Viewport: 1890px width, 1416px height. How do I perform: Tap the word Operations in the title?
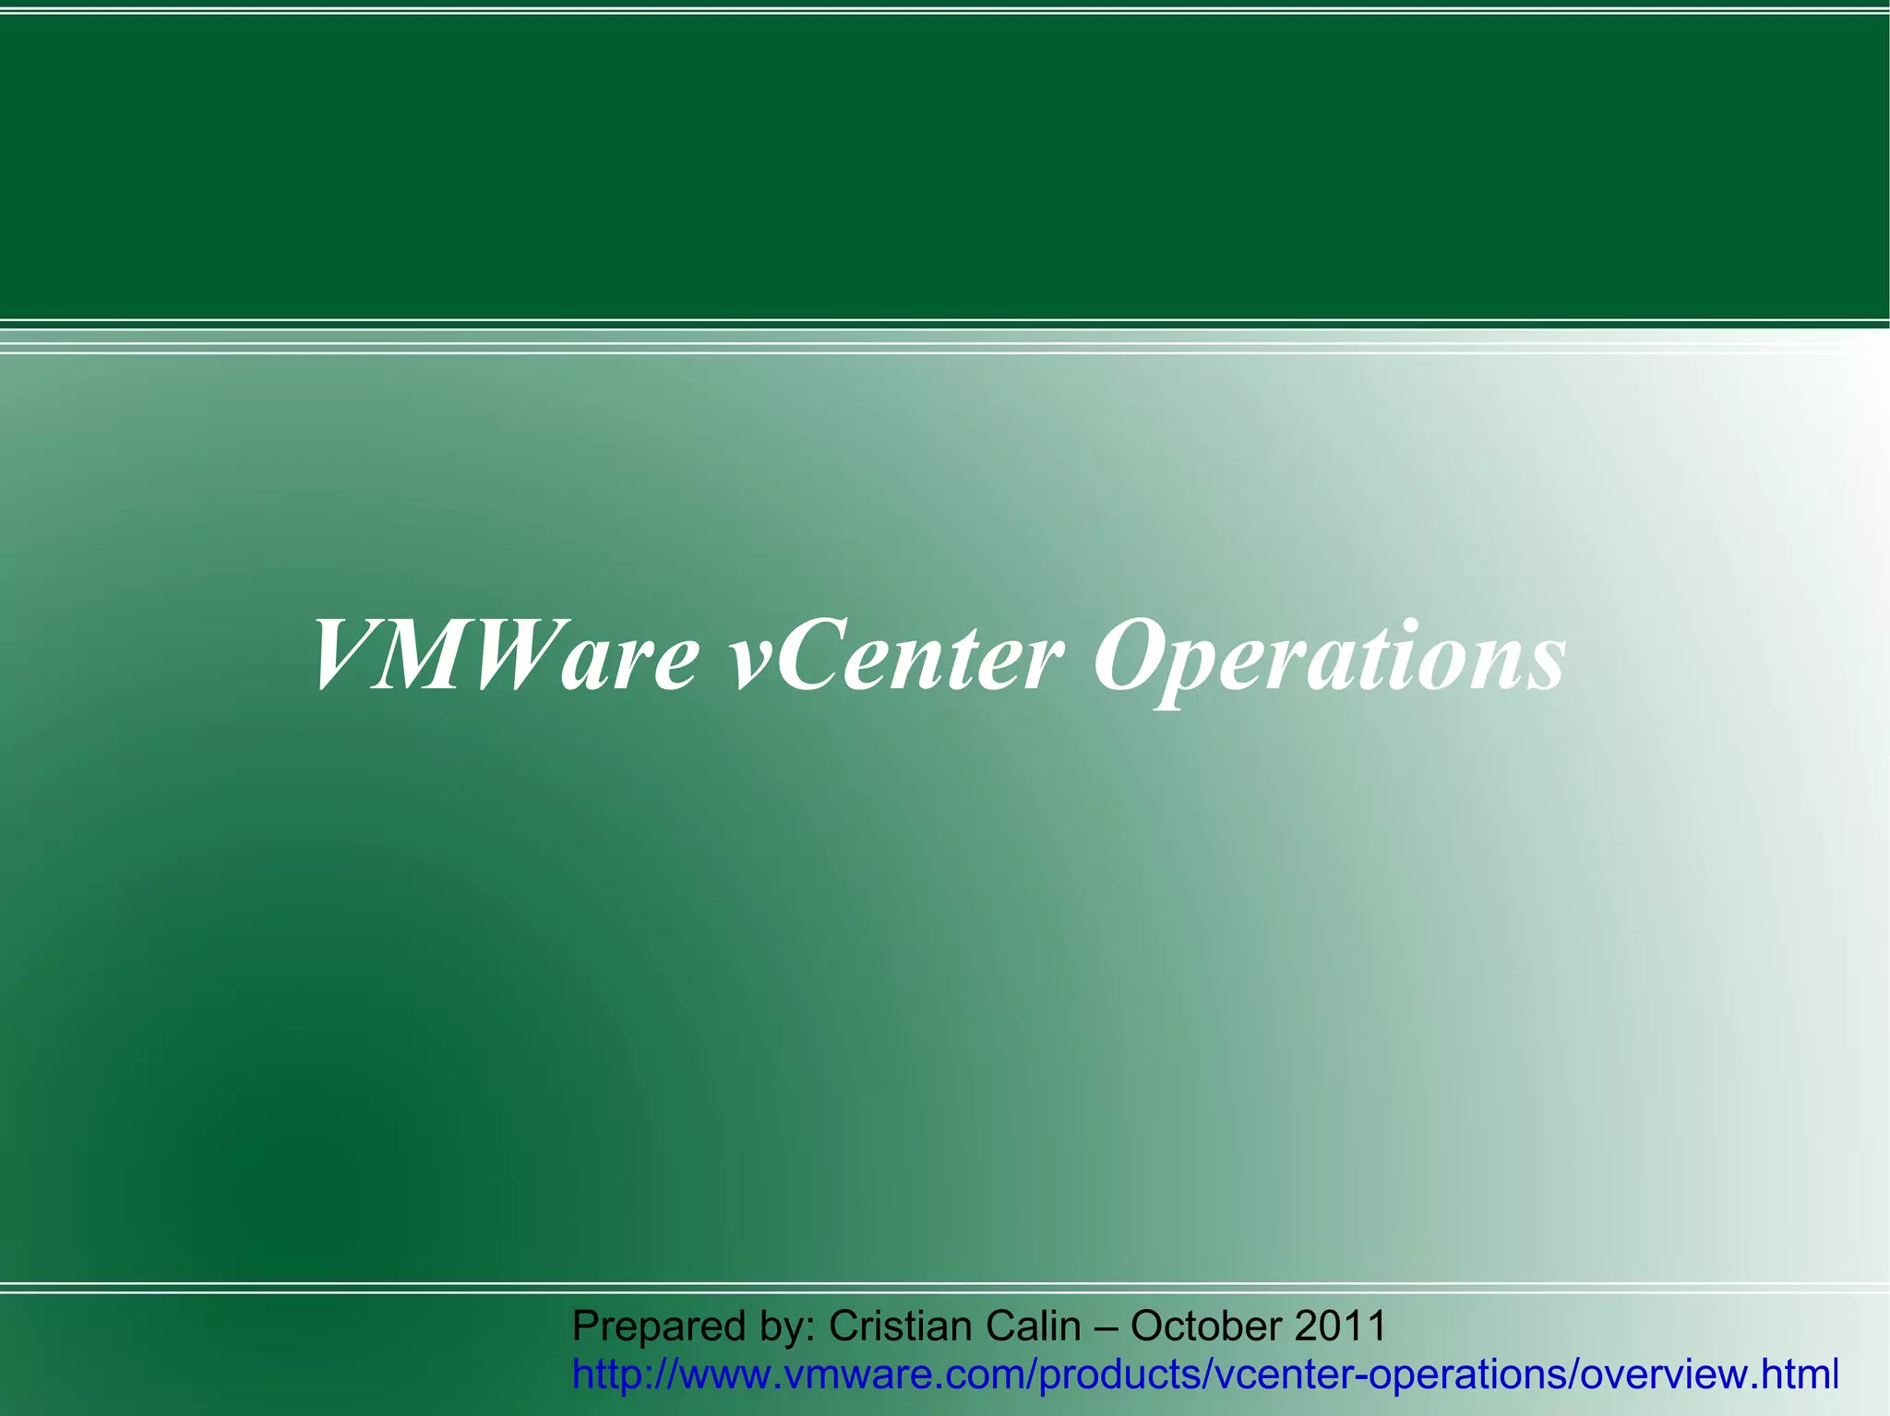(x=1329, y=657)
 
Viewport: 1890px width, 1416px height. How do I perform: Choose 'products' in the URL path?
(x=1120, y=1375)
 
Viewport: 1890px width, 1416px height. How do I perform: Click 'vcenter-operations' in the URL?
(x=1394, y=1375)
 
